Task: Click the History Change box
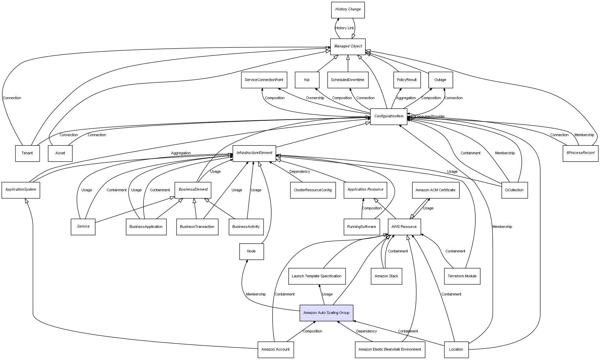click(x=348, y=10)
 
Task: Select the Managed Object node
click(x=348, y=46)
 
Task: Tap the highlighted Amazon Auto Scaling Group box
click(x=326, y=313)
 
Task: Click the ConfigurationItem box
click(x=389, y=116)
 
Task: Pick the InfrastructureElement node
click(x=254, y=153)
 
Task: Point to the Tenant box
click(x=27, y=153)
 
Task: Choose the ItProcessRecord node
click(x=580, y=153)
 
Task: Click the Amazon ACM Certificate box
click(x=435, y=190)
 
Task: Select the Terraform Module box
click(x=462, y=276)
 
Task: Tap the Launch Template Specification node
click(x=317, y=276)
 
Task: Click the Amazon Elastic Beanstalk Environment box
click(x=390, y=350)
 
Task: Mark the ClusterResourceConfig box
click(x=313, y=190)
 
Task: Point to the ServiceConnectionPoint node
click(x=264, y=80)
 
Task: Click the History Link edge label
click(x=345, y=28)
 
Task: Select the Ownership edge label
click(x=315, y=98)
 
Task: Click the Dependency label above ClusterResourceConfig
click(x=299, y=172)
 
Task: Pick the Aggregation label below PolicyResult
click(x=406, y=98)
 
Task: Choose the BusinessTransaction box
click(x=197, y=227)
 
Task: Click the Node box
click(x=251, y=251)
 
